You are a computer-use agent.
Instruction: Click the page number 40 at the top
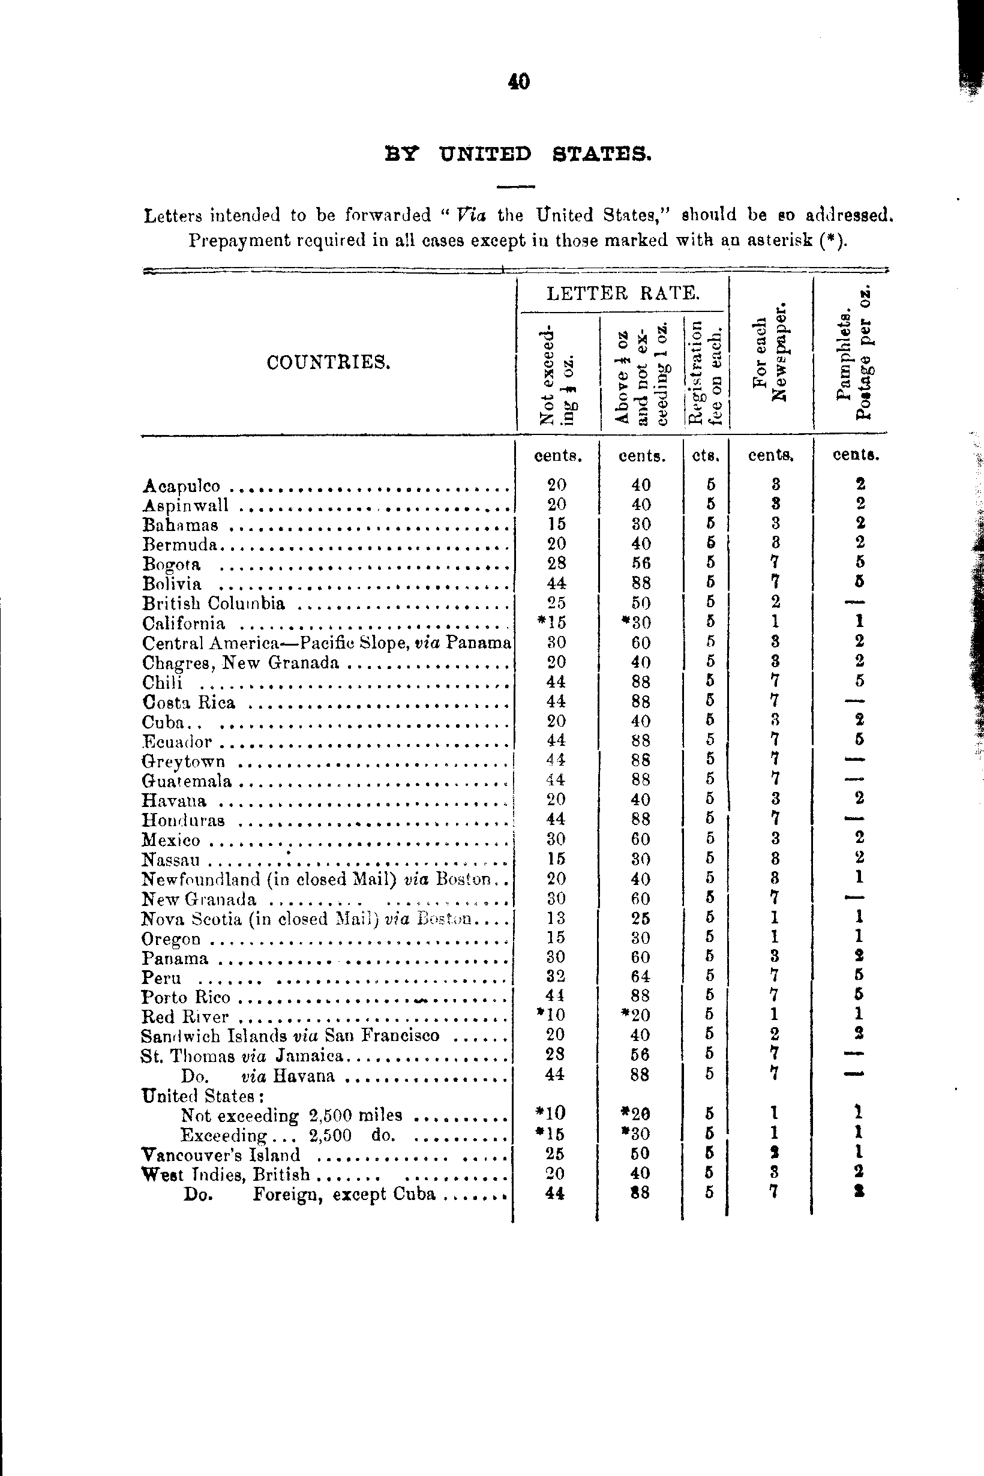click(520, 82)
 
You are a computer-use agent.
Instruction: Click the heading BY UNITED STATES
click(518, 154)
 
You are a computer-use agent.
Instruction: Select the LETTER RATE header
click(622, 293)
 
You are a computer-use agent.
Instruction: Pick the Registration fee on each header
click(706, 372)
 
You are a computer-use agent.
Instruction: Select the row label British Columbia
click(214, 604)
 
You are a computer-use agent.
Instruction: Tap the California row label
click(183, 624)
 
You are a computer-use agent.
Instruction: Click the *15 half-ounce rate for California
click(552, 623)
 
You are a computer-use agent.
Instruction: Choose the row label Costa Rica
click(188, 702)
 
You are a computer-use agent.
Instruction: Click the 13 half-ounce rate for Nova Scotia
click(556, 918)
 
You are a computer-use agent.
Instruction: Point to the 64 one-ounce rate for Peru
click(640, 977)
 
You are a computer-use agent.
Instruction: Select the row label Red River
click(185, 1016)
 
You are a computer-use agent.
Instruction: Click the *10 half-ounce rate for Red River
click(552, 1015)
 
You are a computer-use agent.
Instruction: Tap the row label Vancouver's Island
click(220, 1154)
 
